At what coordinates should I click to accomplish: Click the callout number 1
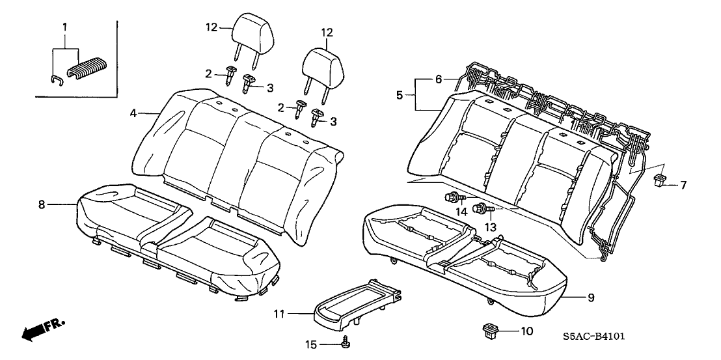64,26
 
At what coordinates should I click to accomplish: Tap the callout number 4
133,113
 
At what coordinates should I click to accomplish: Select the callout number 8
41,204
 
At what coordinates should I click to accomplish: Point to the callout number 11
279,314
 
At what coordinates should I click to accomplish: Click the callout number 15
310,343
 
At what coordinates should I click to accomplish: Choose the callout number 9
590,299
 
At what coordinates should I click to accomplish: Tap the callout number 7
683,185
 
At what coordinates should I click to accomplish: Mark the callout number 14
461,212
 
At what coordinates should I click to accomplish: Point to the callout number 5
399,94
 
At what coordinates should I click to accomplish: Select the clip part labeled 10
489,329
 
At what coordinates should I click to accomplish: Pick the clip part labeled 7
660,180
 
